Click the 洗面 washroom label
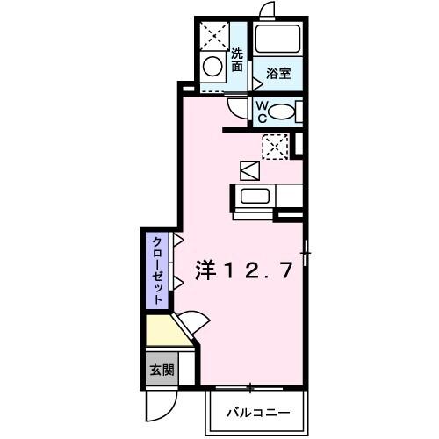point(237,59)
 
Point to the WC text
point(261,110)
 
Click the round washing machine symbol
point(212,65)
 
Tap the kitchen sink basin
point(254,195)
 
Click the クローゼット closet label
point(156,270)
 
